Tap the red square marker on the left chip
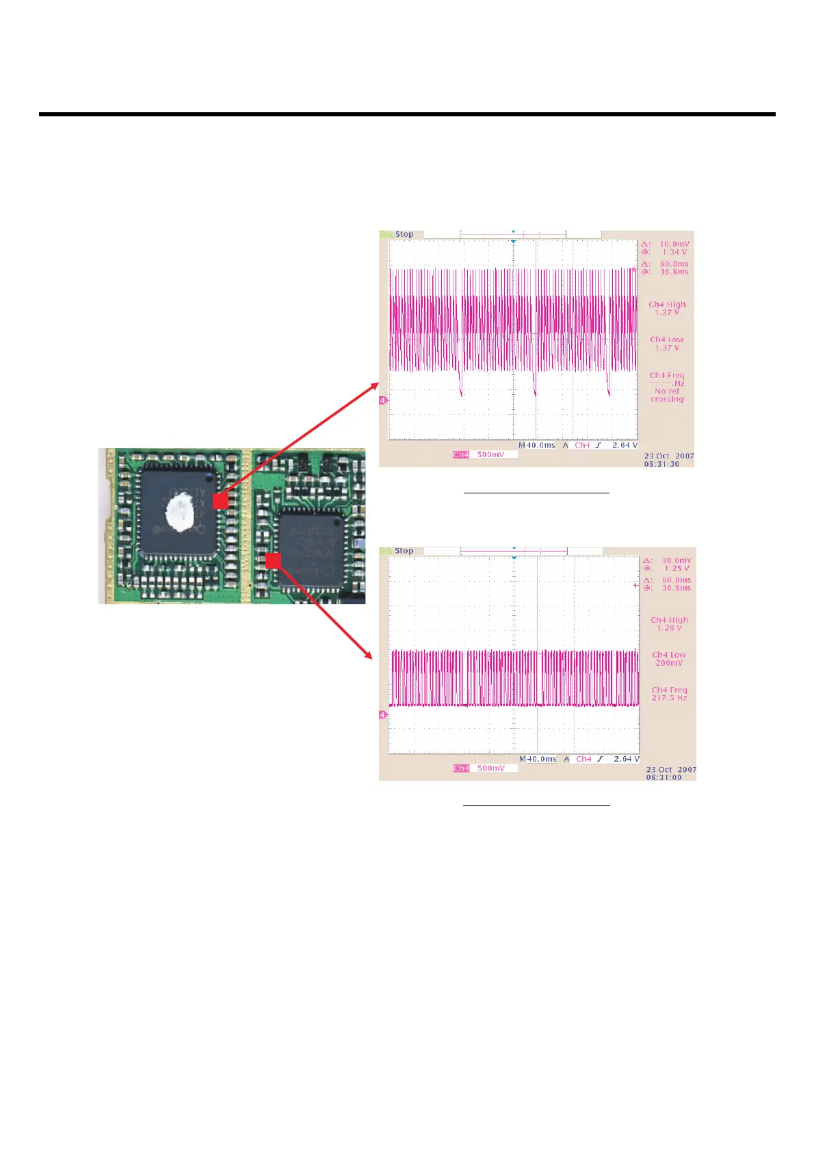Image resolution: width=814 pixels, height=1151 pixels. pos(220,501)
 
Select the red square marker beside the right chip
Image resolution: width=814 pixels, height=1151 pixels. pos(273,560)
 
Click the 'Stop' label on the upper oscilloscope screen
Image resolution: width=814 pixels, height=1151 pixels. pos(404,234)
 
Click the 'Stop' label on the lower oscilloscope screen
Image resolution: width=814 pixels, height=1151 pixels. pos(404,551)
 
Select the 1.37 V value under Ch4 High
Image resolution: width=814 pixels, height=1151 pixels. pos(667,313)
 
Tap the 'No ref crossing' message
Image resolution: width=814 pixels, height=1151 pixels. pos(667,396)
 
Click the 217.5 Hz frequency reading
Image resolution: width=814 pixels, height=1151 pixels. pos(669,698)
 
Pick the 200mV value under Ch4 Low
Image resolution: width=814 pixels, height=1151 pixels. pos(668,663)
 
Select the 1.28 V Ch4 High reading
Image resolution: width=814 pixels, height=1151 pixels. pos(669,628)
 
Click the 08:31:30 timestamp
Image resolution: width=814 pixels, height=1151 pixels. pos(661,464)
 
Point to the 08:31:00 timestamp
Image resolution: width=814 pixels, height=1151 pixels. pos(664,777)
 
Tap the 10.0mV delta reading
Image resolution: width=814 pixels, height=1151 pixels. pos(674,244)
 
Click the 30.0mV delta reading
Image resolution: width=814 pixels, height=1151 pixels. pos(676,560)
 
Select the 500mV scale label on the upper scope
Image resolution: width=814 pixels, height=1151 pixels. pos(490,454)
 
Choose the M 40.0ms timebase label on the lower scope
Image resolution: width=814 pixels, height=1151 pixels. pos(538,759)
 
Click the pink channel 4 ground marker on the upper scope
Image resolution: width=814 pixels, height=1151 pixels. pos(383,400)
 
